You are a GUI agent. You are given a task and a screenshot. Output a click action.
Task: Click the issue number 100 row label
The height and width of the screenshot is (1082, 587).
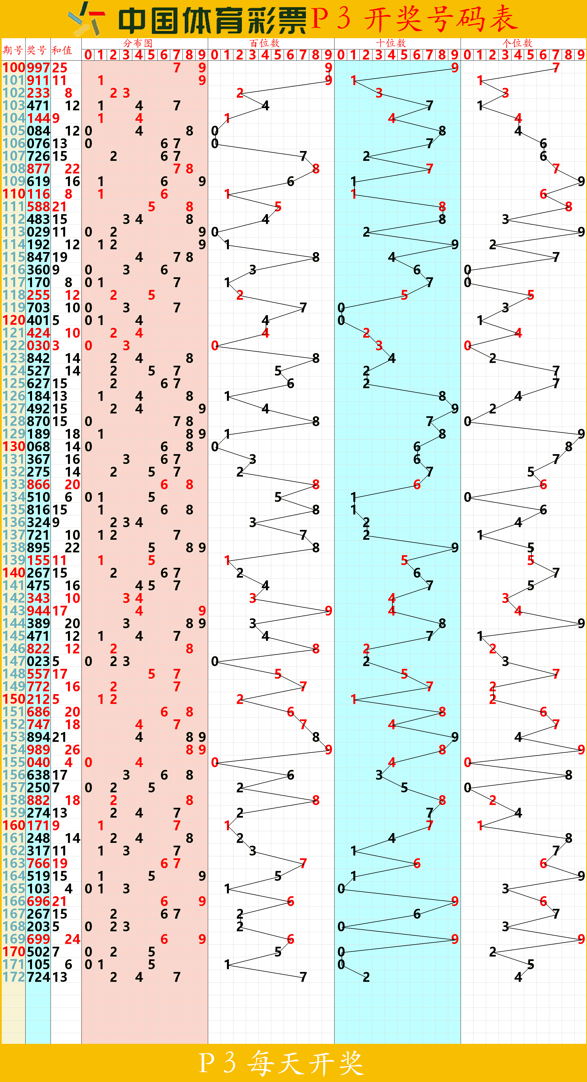pos(13,68)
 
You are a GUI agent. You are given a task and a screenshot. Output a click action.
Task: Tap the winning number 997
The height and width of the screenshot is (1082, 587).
pos(38,68)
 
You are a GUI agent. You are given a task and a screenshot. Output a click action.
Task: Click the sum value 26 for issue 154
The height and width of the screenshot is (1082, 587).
pos(72,749)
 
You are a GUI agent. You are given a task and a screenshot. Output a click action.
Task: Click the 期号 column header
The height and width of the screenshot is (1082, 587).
pos(13,51)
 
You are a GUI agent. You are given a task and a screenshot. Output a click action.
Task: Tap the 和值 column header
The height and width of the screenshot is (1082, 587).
pos(62,51)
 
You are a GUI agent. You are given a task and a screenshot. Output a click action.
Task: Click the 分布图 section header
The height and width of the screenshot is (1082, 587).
pos(138,43)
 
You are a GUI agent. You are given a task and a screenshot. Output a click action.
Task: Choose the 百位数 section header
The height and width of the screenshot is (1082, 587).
pos(264,43)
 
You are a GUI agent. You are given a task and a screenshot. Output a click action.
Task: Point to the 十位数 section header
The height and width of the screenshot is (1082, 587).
pos(391,43)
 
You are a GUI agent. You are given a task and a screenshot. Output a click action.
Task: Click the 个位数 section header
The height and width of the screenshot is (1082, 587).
pos(517,43)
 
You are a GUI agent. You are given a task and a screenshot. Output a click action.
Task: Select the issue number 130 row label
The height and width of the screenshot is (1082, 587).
pos(13,447)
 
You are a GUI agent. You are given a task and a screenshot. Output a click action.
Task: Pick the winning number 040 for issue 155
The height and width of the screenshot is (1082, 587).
pos(38,762)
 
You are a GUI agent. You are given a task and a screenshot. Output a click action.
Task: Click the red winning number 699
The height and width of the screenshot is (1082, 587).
pos(38,939)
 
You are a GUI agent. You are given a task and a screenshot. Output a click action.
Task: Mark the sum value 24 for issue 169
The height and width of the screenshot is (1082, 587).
pos(72,939)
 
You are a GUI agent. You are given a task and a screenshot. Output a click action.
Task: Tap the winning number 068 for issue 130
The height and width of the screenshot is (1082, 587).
pos(38,447)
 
